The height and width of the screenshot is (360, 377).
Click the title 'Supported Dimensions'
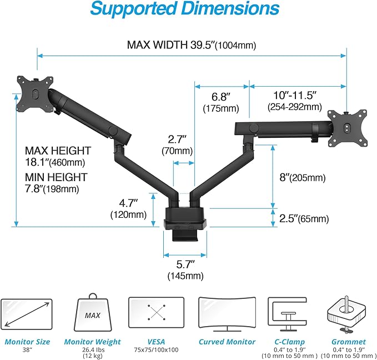tap(184, 9)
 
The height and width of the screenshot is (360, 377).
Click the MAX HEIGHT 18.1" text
tap(58, 156)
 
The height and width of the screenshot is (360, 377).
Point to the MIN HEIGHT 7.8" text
tap(56, 183)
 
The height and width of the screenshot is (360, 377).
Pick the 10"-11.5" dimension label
tap(294, 101)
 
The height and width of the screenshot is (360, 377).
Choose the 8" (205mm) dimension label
tap(302, 178)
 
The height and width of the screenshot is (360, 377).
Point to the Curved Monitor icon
tap(226, 315)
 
